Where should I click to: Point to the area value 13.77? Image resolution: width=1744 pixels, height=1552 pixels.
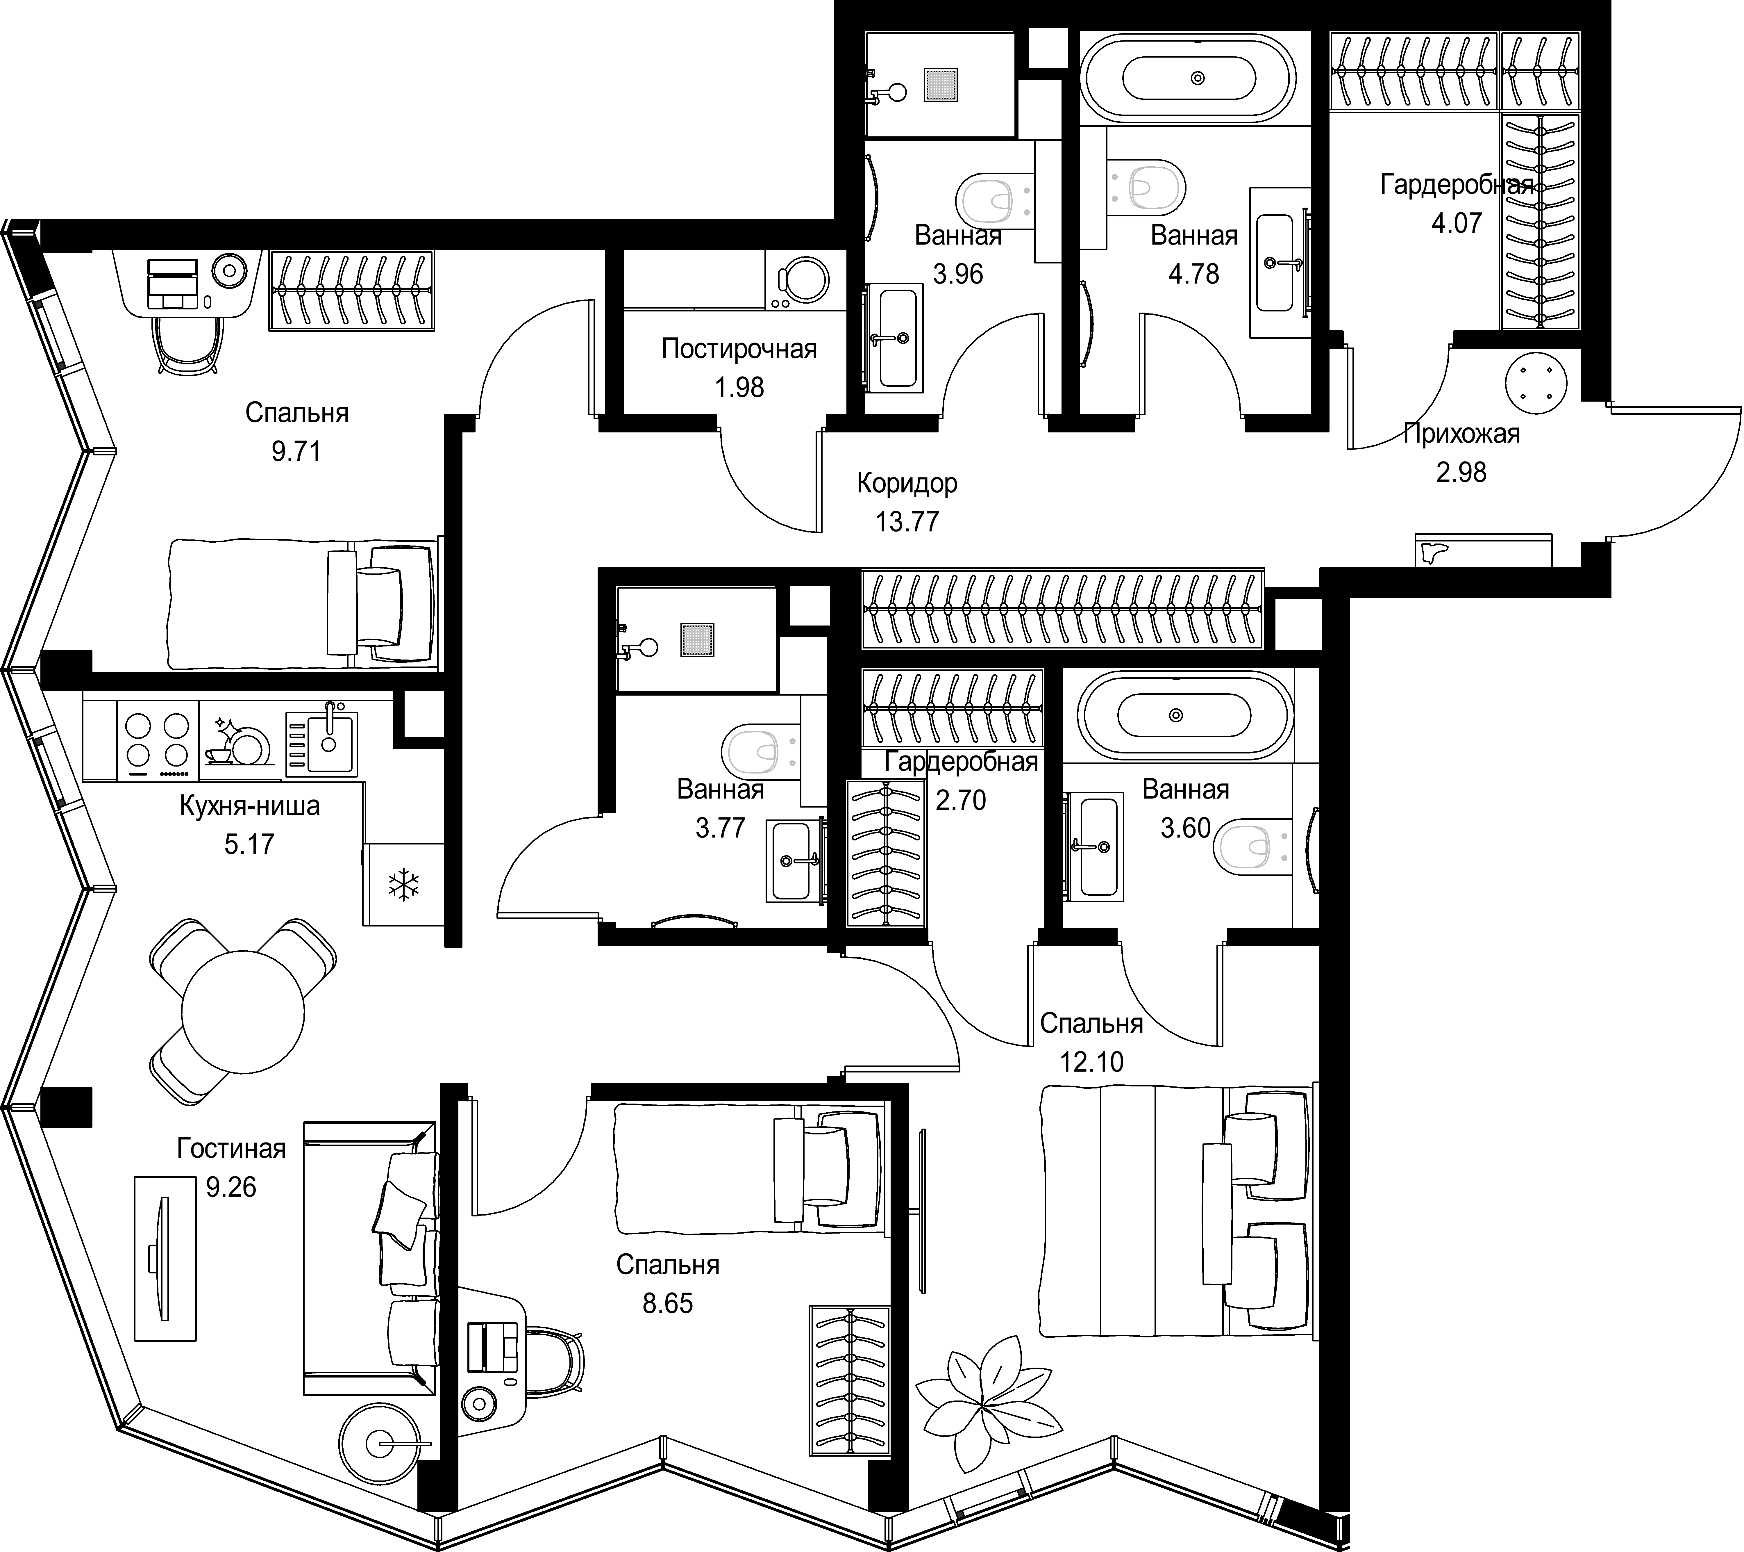click(x=907, y=521)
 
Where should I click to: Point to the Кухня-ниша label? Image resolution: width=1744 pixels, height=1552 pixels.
click(x=249, y=806)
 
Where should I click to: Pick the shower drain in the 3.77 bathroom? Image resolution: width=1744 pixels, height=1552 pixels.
click(x=697, y=640)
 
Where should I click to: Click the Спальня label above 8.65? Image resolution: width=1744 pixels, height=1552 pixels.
click(x=668, y=1264)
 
